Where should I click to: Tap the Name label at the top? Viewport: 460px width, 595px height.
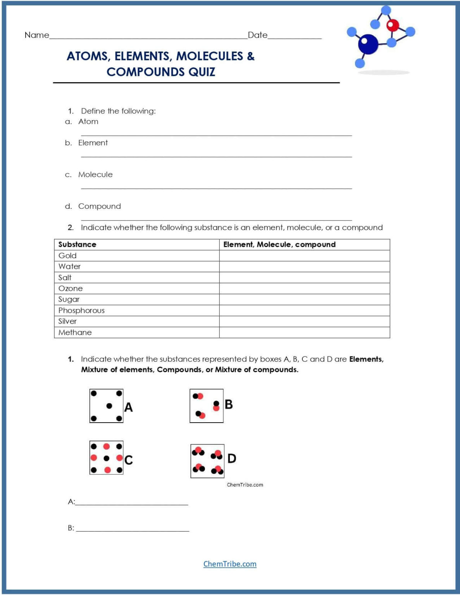tap(37, 35)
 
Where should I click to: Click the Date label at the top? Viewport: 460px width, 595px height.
tap(257, 35)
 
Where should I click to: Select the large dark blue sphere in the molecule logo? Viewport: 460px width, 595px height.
tap(368, 44)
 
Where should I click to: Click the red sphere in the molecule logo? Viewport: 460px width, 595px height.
tap(393, 25)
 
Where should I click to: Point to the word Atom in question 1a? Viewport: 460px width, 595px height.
tap(88, 122)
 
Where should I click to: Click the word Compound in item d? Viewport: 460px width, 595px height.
tap(100, 206)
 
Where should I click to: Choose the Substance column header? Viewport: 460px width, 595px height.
tap(77, 244)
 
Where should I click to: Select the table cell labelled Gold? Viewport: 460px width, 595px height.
tap(67, 256)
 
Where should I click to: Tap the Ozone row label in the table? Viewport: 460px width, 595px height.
tap(71, 289)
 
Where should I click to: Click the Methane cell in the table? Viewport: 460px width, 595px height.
tap(75, 332)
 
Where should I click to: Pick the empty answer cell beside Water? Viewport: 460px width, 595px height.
tap(304, 267)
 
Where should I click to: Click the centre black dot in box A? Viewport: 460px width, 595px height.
tap(109, 406)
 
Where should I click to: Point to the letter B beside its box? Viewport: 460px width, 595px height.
tap(229, 404)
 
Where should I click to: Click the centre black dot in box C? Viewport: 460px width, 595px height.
tap(107, 458)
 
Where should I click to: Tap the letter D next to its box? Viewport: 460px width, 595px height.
tap(232, 459)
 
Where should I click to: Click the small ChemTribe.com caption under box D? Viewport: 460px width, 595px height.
tap(245, 485)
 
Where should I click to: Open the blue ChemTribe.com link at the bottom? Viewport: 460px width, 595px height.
tap(230, 564)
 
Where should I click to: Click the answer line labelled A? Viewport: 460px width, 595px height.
tap(132, 502)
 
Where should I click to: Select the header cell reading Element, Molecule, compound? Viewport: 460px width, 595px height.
tap(279, 244)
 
